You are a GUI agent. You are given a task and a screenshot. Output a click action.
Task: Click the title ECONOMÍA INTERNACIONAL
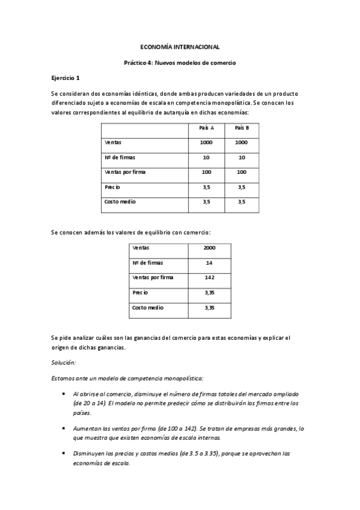(180, 46)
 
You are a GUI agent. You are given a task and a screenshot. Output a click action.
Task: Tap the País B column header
(242, 128)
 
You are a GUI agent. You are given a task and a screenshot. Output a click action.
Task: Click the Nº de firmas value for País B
(242, 158)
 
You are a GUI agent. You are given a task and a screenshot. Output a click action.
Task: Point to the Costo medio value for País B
(242, 202)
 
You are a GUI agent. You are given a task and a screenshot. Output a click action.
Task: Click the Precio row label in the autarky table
(112, 187)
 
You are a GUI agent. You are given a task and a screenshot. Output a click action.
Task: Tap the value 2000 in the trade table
(210, 248)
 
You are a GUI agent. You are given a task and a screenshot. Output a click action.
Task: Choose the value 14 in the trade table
(210, 263)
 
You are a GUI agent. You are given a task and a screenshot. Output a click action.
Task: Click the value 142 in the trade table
(210, 278)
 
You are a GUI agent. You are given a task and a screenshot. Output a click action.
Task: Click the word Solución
(64, 362)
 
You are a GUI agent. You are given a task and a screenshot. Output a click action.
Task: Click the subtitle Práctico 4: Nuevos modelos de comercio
(180, 62)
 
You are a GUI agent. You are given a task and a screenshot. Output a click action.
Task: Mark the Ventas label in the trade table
(140, 248)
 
